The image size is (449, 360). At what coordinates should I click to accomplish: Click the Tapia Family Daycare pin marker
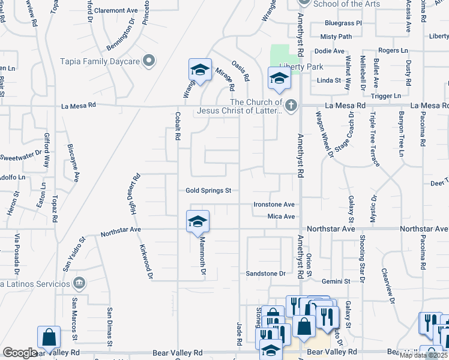[x=149, y=61]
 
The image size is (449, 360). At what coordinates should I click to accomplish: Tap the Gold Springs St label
[x=208, y=191]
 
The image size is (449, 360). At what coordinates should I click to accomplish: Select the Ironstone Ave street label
[x=274, y=204]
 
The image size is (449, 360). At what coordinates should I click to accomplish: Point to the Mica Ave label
[x=281, y=217]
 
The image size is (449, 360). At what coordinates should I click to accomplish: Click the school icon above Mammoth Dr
[x=198, y=222]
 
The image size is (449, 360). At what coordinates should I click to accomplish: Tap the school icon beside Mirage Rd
[x=199, y=70]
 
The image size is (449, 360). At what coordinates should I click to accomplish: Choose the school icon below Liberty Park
[x=279, y=79]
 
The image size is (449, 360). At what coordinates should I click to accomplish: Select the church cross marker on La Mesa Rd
[x=291, y=106]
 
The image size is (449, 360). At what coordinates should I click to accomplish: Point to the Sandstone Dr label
[x=265, y=274]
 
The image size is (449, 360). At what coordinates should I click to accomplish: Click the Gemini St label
[x=335, y=281]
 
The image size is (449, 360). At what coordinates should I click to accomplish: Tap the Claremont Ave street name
[x=116, y=11]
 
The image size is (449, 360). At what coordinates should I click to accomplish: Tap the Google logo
[x=19, y=353]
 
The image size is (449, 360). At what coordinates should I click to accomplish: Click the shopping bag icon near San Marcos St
[x=48, y=338]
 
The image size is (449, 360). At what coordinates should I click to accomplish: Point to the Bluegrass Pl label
[x=343, y=23]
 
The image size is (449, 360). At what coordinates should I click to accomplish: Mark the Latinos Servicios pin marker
[x=78, y=283]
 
